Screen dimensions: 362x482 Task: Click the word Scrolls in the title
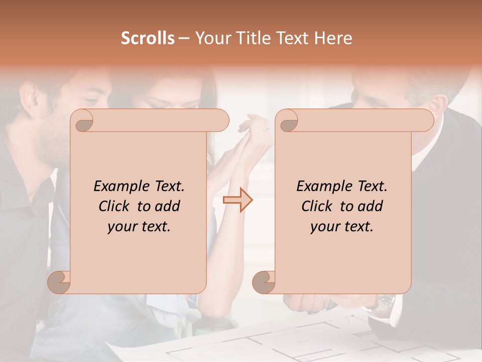point(148,38)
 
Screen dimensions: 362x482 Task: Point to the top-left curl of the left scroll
point(83,121)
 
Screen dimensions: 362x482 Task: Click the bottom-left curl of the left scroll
point(60,282)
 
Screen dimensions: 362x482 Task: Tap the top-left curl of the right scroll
point(288,121)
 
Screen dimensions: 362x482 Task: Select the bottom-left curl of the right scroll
point(264,282)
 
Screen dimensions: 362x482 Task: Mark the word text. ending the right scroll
point(357,227)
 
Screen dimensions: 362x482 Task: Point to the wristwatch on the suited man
point(386,301)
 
